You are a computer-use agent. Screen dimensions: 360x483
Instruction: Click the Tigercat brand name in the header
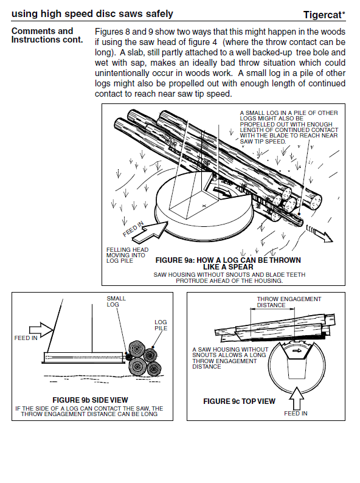(x=324, y=15)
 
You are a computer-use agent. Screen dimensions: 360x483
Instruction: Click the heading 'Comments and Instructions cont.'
(x=47, y=35)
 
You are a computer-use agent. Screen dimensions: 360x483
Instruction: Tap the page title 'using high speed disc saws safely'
(x=92, y=13)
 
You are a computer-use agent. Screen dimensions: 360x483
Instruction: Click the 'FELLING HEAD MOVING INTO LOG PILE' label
(x=127, y=255)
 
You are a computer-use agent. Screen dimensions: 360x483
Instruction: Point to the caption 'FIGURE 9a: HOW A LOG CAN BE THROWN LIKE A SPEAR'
(x=228, y=263)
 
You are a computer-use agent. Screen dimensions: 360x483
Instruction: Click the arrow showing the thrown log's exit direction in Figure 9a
(x=319, y=235)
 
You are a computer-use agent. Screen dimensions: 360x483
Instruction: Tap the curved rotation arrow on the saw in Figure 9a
(x=223, y=191)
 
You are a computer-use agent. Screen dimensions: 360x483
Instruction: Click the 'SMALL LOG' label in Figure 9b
(x=116, y=301)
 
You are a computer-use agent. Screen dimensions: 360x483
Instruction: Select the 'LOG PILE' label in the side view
(x=161, y=325)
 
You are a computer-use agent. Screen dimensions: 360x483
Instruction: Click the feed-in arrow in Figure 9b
(x=41, y=329)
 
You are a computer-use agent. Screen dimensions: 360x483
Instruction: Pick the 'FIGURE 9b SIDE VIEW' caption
(x=90, y=400)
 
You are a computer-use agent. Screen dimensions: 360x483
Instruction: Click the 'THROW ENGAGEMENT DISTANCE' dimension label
(x=289, y=302)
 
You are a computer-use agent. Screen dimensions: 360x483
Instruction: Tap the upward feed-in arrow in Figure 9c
(x=296, y=398)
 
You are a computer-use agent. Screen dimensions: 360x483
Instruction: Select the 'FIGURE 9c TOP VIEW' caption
(x=239, y=401)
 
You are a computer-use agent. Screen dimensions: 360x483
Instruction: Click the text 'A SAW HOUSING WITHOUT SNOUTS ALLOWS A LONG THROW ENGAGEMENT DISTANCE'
(x=230, y=358)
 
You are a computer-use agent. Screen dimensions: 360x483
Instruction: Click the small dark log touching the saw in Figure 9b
(x=128, y=356)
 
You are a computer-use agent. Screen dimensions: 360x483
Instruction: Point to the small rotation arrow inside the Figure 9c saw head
(x=297, y=350)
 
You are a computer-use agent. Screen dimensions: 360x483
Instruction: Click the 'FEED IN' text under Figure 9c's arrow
(x=296, y=414)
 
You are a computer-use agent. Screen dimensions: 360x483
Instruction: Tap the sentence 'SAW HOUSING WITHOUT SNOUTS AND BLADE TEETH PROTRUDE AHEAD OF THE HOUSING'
(x=229, y=277)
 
